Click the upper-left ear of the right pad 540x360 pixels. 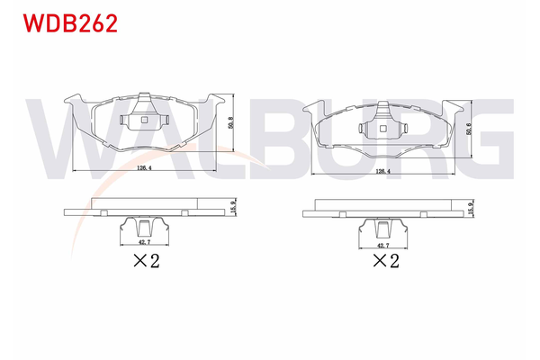click(x=315, y=106)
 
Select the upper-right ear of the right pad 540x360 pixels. click(x=453, y=106)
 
